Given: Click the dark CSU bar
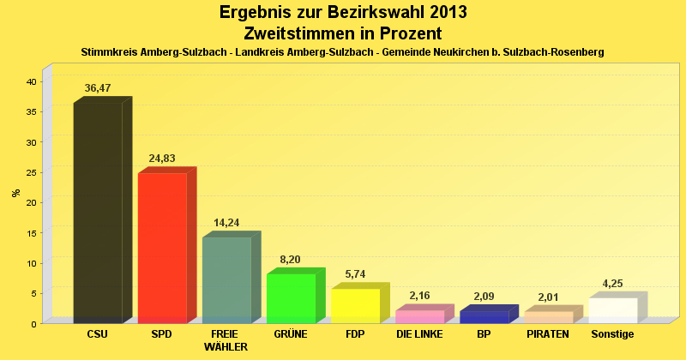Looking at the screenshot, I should point(98,213).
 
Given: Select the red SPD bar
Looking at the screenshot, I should point(162,248).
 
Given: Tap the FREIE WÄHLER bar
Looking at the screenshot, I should point(226,279).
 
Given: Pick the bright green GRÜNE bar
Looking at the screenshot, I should point(291,298).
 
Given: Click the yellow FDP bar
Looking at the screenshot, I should point(355,305).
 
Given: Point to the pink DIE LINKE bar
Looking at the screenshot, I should point(419,316).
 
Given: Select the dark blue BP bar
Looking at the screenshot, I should point(484,316).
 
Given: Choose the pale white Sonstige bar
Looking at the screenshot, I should point(612,310).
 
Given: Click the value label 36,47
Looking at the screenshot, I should point(98,88).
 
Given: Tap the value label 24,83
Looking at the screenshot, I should point(162,159).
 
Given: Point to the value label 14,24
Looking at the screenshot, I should point(226,223).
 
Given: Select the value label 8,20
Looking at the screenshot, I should point(291,260).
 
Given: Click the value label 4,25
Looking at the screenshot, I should point(612,284).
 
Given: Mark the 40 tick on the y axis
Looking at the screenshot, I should point(30,81).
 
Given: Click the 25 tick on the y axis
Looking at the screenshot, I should point(30,172).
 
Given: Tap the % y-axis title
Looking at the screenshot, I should point(15,192).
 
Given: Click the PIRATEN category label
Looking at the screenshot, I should point(548,334).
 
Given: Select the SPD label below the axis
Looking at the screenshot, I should point(162,334).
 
